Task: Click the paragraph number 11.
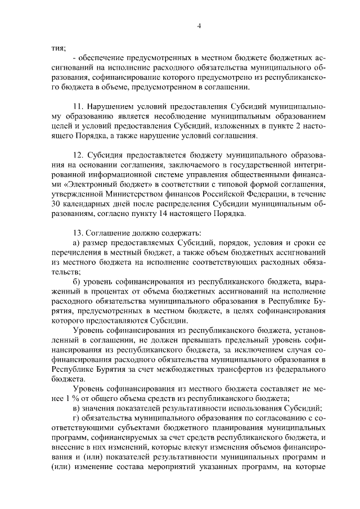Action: (x=79, y=106)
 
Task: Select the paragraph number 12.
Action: (x=79, y=154)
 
